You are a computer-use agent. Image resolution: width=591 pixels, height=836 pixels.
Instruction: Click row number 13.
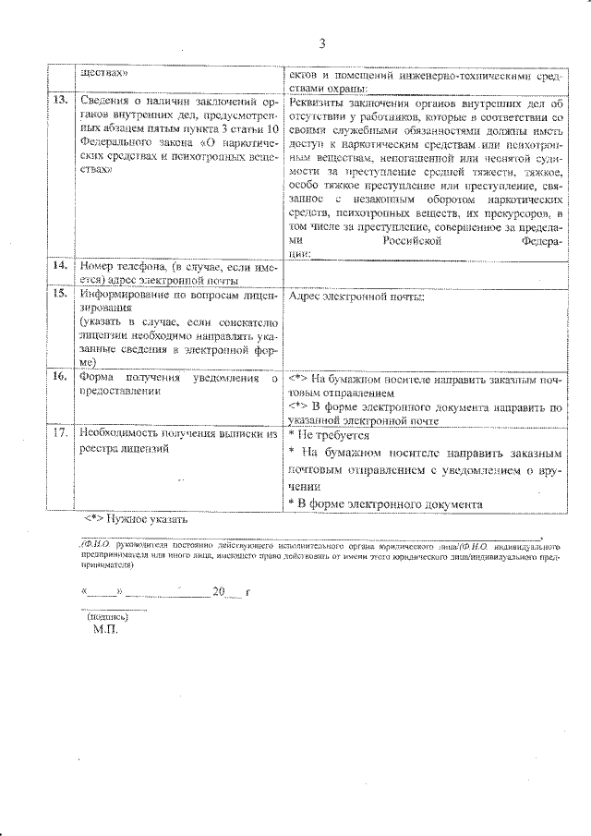point(61,100)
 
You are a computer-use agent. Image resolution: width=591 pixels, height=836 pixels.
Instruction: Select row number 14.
point(61,266)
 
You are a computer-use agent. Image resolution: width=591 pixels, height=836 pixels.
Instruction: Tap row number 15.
point(61,295)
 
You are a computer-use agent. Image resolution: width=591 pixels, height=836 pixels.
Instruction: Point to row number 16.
point(61,378)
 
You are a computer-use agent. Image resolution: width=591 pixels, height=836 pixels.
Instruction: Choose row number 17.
point(61,432)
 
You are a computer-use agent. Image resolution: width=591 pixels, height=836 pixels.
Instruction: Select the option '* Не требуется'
point(328,434)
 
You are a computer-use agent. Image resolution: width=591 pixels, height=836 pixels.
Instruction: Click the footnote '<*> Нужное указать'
point(134,519)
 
